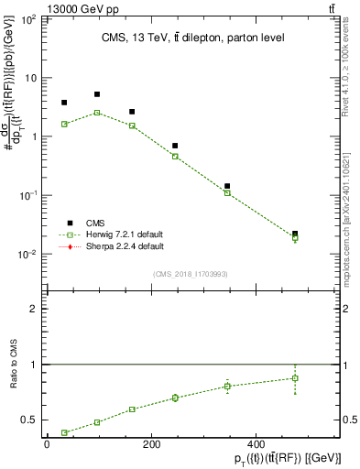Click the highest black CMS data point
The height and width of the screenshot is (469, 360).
[x=97, y=94]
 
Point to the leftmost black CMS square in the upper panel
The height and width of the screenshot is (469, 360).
[x=64, y=103]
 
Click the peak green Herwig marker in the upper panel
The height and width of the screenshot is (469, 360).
[x=97, y=113]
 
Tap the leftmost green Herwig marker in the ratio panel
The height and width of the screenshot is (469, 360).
[x=64, y=432]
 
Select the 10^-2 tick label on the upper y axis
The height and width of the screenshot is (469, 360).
[x=28, y=255]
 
